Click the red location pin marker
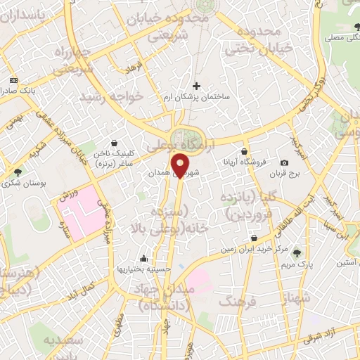(x=180, y=167)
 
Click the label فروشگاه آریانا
(x=244, y=162)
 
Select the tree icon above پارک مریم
(x=297, y=253)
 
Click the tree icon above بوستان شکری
(x=18, y=171)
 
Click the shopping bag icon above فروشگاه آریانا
(x=244, y=152)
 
